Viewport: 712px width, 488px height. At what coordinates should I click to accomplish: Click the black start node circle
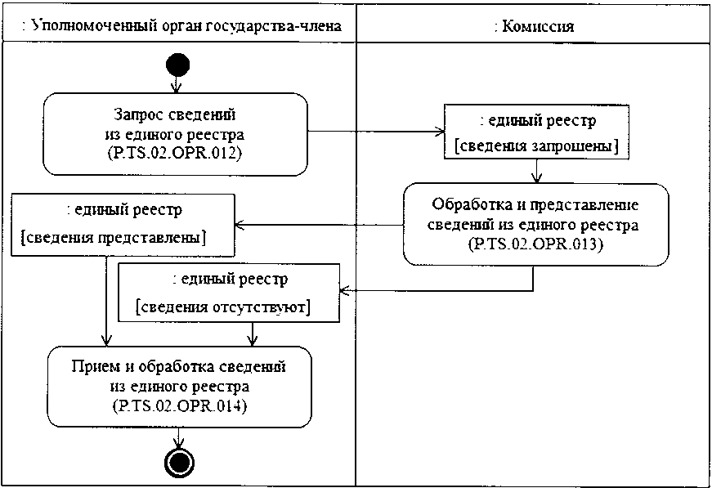pyautogui.click(x=177, y=64)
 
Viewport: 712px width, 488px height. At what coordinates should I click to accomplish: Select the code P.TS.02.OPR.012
pyautogui.click(x=176, y=152)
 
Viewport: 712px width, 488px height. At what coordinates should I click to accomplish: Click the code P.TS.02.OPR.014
pyautogui.click(x=178, y=405)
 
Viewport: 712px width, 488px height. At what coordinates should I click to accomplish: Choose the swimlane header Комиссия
pyautogui.click(x=535, y=26)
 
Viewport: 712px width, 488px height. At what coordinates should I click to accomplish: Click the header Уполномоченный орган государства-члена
pyautogui.click(x=181, y=26)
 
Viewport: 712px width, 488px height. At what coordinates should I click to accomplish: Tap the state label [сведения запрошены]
pyautogui.click(x=535, y=146)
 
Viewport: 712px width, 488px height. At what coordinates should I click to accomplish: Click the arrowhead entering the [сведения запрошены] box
pyautogui.click(x=439, y=132)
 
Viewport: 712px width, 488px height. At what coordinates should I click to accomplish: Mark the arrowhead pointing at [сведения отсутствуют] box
pyautogui.click(x=344, y=289)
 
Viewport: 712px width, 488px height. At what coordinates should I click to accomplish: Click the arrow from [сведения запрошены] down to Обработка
pyautogui.click(x=535, y=170)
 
